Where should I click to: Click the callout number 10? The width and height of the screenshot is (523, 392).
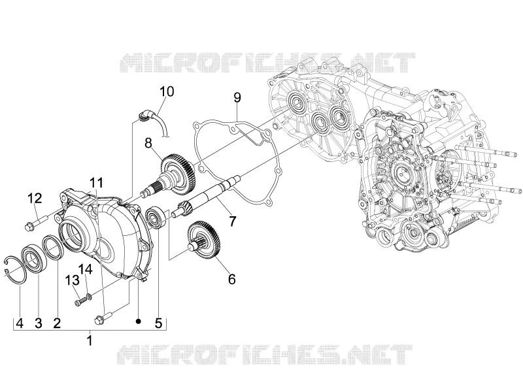coord(167,91)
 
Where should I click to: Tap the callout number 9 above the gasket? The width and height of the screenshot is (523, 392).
coord(237,97)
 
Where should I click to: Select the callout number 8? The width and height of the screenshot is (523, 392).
coord(148,143)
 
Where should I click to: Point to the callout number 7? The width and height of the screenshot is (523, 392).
coord(232,221)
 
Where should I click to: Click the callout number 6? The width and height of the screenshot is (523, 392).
coord(232,279)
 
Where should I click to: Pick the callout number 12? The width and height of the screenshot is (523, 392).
coord(35,199)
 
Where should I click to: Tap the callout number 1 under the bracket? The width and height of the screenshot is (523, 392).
coord(90,340)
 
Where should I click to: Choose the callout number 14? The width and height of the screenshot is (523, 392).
coord(86,269)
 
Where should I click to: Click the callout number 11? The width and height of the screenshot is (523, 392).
coord(96,183)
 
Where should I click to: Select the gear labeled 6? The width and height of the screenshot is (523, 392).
coord(203,240)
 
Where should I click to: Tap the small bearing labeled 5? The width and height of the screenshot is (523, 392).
coord(156,218)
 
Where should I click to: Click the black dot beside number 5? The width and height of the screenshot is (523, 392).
coord(139,321)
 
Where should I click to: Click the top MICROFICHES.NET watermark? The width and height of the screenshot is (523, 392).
coord(267,62)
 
